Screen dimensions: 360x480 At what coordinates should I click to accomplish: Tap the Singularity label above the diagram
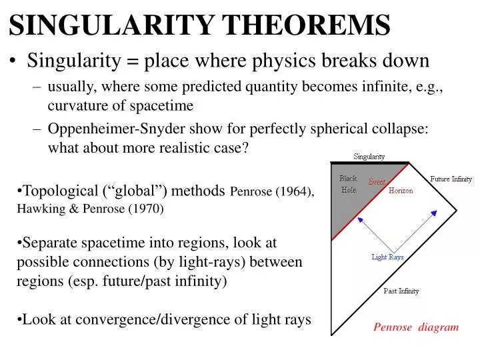pos(369,157)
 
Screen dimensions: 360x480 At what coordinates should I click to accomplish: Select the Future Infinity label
pos(451,179)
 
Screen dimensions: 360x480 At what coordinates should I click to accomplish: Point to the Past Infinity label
pos(401,291)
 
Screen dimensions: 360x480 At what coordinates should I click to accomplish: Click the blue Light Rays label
pos(387,257)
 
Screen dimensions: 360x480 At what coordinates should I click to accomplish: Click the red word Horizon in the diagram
pos(401,191)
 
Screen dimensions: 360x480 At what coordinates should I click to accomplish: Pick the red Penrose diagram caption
pos(415,327)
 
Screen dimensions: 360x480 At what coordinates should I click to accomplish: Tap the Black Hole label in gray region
pos(348,184)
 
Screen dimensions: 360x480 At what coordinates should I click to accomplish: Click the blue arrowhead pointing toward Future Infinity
pos(434,213)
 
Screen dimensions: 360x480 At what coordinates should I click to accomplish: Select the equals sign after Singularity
pos(133,61)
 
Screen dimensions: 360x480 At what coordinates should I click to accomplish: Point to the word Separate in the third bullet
pos(48,243)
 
